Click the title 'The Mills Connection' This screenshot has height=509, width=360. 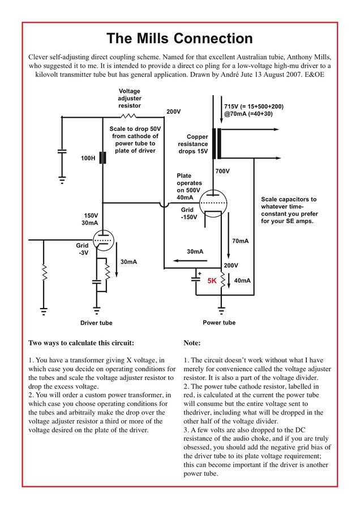[179, 39]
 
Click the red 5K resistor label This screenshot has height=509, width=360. [212, 281]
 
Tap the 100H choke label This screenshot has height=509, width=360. [88, 158]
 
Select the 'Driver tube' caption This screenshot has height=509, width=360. [96, 323]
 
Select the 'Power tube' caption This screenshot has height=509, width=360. [219, 323]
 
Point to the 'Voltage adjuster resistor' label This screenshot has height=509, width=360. [130, 98]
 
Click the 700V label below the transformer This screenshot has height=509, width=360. [222, 171]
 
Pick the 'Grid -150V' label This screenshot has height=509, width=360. [188, 213]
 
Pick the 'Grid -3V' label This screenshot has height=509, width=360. [83, 249]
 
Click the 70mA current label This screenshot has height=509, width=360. [241, 241]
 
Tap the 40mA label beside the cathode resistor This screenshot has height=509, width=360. [242, 281]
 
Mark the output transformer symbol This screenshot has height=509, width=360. [217, 144]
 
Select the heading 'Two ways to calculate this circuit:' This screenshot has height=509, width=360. [81, 343]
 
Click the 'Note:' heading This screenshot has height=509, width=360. [192, 343]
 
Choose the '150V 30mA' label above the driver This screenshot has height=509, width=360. [91, 219]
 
